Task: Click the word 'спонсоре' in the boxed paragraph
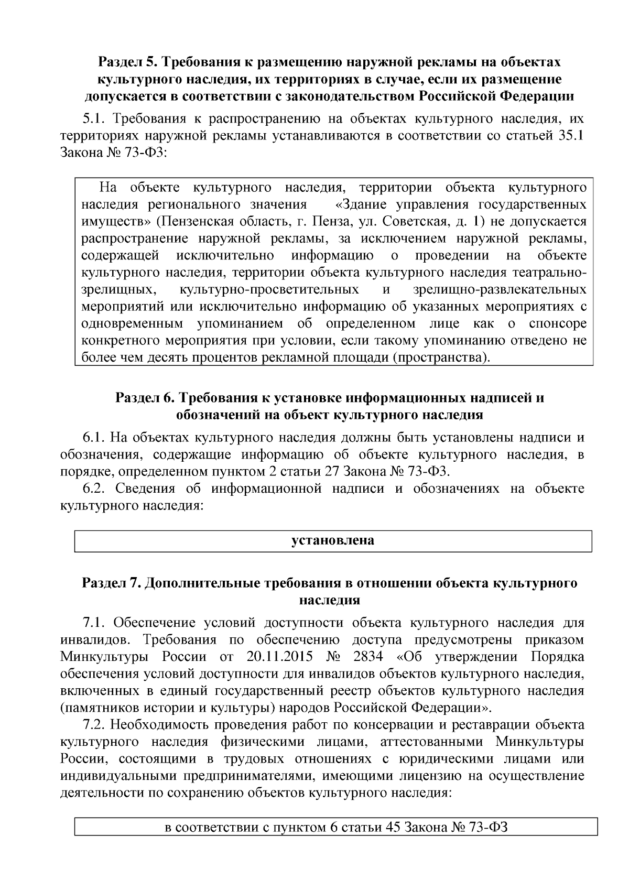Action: tap(557, 323)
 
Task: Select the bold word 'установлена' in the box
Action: tap(333, 540)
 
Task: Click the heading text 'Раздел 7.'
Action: tap(111, 583)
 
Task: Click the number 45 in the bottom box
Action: tap(394, 828)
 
